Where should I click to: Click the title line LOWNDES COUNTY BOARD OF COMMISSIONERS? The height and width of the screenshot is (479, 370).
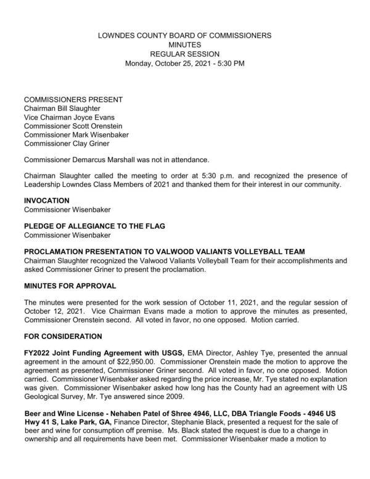tap(185, 36)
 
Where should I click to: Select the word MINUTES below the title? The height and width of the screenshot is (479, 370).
tap(185, 45)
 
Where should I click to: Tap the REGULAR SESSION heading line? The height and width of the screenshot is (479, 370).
tap(185, 54)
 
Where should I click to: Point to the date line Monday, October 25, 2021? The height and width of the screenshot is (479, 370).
tap(185, 63)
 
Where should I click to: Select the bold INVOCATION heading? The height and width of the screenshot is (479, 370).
tap(47, 200)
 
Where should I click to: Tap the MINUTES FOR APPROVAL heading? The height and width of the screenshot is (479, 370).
tap(69, 286)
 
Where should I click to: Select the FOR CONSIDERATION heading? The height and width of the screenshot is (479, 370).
tap(63, 337)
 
